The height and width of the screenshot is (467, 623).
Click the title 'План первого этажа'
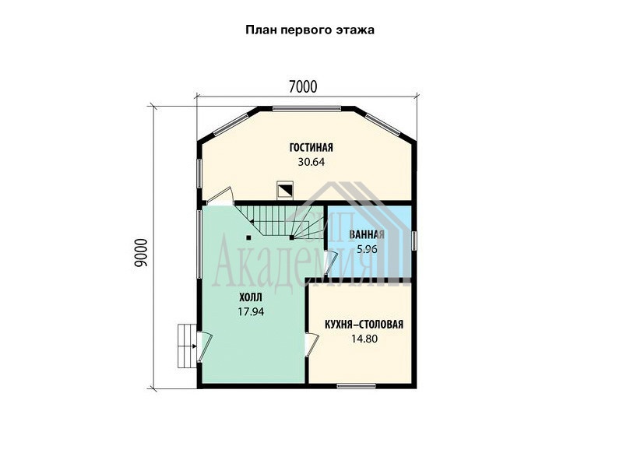(x=309, y=30)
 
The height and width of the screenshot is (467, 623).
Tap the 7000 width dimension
(x=303, y=86)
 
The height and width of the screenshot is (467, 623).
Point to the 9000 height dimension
(x=141, y=252)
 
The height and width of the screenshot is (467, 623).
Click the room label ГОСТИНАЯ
(x=311, y=147)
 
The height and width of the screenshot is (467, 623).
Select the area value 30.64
(x=311, y=162)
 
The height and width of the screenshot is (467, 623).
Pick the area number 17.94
(x=251, y=312)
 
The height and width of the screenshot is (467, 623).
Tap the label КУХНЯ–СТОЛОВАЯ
(x=364, y=325)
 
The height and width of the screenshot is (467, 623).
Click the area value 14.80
(x=364, y=339)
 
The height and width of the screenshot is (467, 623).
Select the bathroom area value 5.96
(x=367, y=249)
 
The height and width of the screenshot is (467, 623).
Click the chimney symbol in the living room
(x=285, y=190)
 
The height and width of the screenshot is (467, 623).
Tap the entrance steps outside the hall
(x=187, y=346)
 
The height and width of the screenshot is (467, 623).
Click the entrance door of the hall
(x=205, y=346)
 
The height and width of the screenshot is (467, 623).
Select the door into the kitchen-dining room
(x=311, y=344)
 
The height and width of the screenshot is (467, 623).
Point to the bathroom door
(x=330, y=262)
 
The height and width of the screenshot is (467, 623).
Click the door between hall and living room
(x=220, y=196)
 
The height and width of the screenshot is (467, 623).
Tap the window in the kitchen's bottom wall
(x=356, y=385)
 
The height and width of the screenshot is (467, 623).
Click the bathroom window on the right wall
(x=414, y=241)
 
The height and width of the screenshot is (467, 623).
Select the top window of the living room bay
(x=306, y=108)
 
